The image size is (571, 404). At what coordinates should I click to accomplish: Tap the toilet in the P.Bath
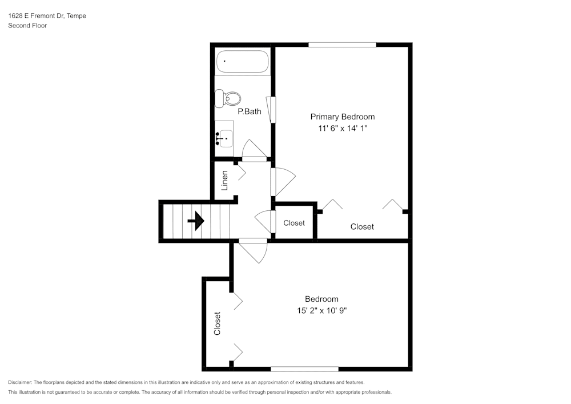pos(227,98)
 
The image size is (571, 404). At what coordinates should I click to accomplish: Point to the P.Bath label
pos(250,111)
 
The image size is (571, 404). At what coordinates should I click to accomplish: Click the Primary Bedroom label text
pos(342,117)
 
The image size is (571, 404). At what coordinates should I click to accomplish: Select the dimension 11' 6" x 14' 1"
pos(342,129)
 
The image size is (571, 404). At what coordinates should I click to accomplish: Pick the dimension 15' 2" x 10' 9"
pos(321,311)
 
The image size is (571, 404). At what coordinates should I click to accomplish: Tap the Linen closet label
pos(225,181)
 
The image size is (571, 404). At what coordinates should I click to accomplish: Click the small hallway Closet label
pos(294,223)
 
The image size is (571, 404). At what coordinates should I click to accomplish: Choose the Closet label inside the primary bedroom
pos(362,227)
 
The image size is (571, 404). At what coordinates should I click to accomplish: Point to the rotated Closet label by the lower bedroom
pos(218,323)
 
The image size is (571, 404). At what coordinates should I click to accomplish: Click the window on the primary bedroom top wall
pos(342,45)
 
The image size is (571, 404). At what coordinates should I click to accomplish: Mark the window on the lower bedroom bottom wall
pos(304,369)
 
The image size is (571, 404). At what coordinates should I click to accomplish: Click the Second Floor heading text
pos(27,26)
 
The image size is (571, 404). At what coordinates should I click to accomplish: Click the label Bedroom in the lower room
pos(321,299)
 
